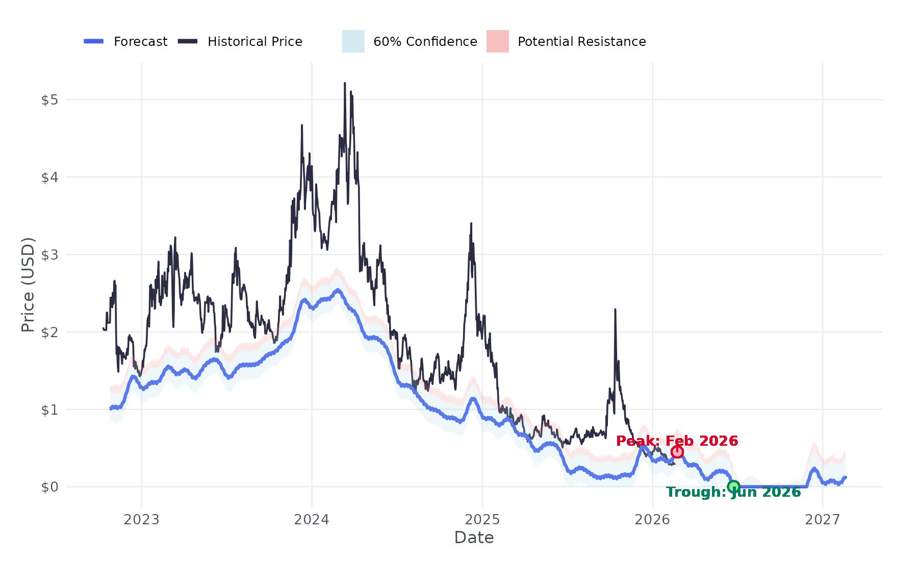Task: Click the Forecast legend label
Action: pyautogui.click(x=140, y=42)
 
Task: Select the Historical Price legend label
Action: pyautogui.click(x=254, y=42)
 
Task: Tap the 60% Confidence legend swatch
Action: pyautogui.click(x=353, y=41)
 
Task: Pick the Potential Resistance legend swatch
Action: pyautogui.click(x=497, y=41)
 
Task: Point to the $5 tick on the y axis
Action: pyautogui.click(x=49, y=100)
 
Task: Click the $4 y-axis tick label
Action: pyautogui.click(x=49, y=177)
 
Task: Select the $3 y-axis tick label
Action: pyautogui.click(x=49, y=255)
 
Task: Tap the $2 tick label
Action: pyautogui.click(x=49, y=333)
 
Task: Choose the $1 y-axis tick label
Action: pyautogui.click(x=49, y=410)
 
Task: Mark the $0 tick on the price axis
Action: pyautogui.click(x=49, y=488)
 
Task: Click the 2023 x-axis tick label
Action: pyautogui.click(x=142, y=520)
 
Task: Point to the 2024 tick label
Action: pyautogui.click(x=312, y=520)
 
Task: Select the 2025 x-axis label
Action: pyautogui.click(x=482, y=520)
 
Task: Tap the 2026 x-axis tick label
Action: pyautogui.click(x=652, y=520)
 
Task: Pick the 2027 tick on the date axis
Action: pyautogui.click(x=822, y=520)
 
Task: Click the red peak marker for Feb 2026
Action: pyautogui.click(x=677, y=452)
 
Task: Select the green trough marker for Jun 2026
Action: pyautogui.click(x=733, y=487)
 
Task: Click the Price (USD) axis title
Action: pyautogui.click(x=28, y=285)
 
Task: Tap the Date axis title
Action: pyautogui.click(x=474, y=538)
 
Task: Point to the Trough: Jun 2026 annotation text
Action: pyautogui.click(x=733, y=492)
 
